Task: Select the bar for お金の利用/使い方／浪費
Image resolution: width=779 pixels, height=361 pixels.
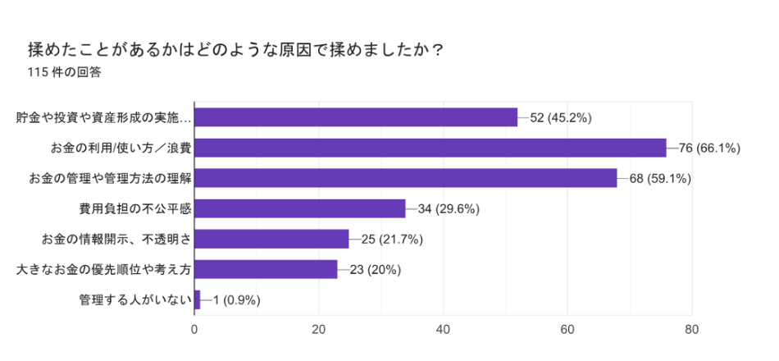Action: click(430, 148)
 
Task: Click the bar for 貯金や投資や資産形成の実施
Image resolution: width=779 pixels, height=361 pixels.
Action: click(356, 117)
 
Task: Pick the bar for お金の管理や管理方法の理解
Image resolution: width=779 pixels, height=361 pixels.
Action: click(405, 178)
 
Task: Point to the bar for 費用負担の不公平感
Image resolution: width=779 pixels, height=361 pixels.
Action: click(299, 208)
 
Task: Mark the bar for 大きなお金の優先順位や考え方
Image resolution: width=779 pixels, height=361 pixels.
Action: click(266, 269)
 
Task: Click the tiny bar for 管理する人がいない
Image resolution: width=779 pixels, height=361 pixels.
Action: click(197, 299)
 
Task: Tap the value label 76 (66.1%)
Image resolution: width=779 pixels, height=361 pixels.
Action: click(710, 149)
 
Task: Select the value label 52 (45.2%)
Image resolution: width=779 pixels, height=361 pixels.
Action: click(561, 118)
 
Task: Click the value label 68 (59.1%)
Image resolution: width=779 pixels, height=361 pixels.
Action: click(660, 179)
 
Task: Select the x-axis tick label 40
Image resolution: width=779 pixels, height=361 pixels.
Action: click(443, 330)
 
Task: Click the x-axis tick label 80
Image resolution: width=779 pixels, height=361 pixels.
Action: click(691, 330)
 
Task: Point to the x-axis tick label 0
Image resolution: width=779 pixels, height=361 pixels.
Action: click(194, 330)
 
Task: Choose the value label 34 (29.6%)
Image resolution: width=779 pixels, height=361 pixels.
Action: click(449, 209)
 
